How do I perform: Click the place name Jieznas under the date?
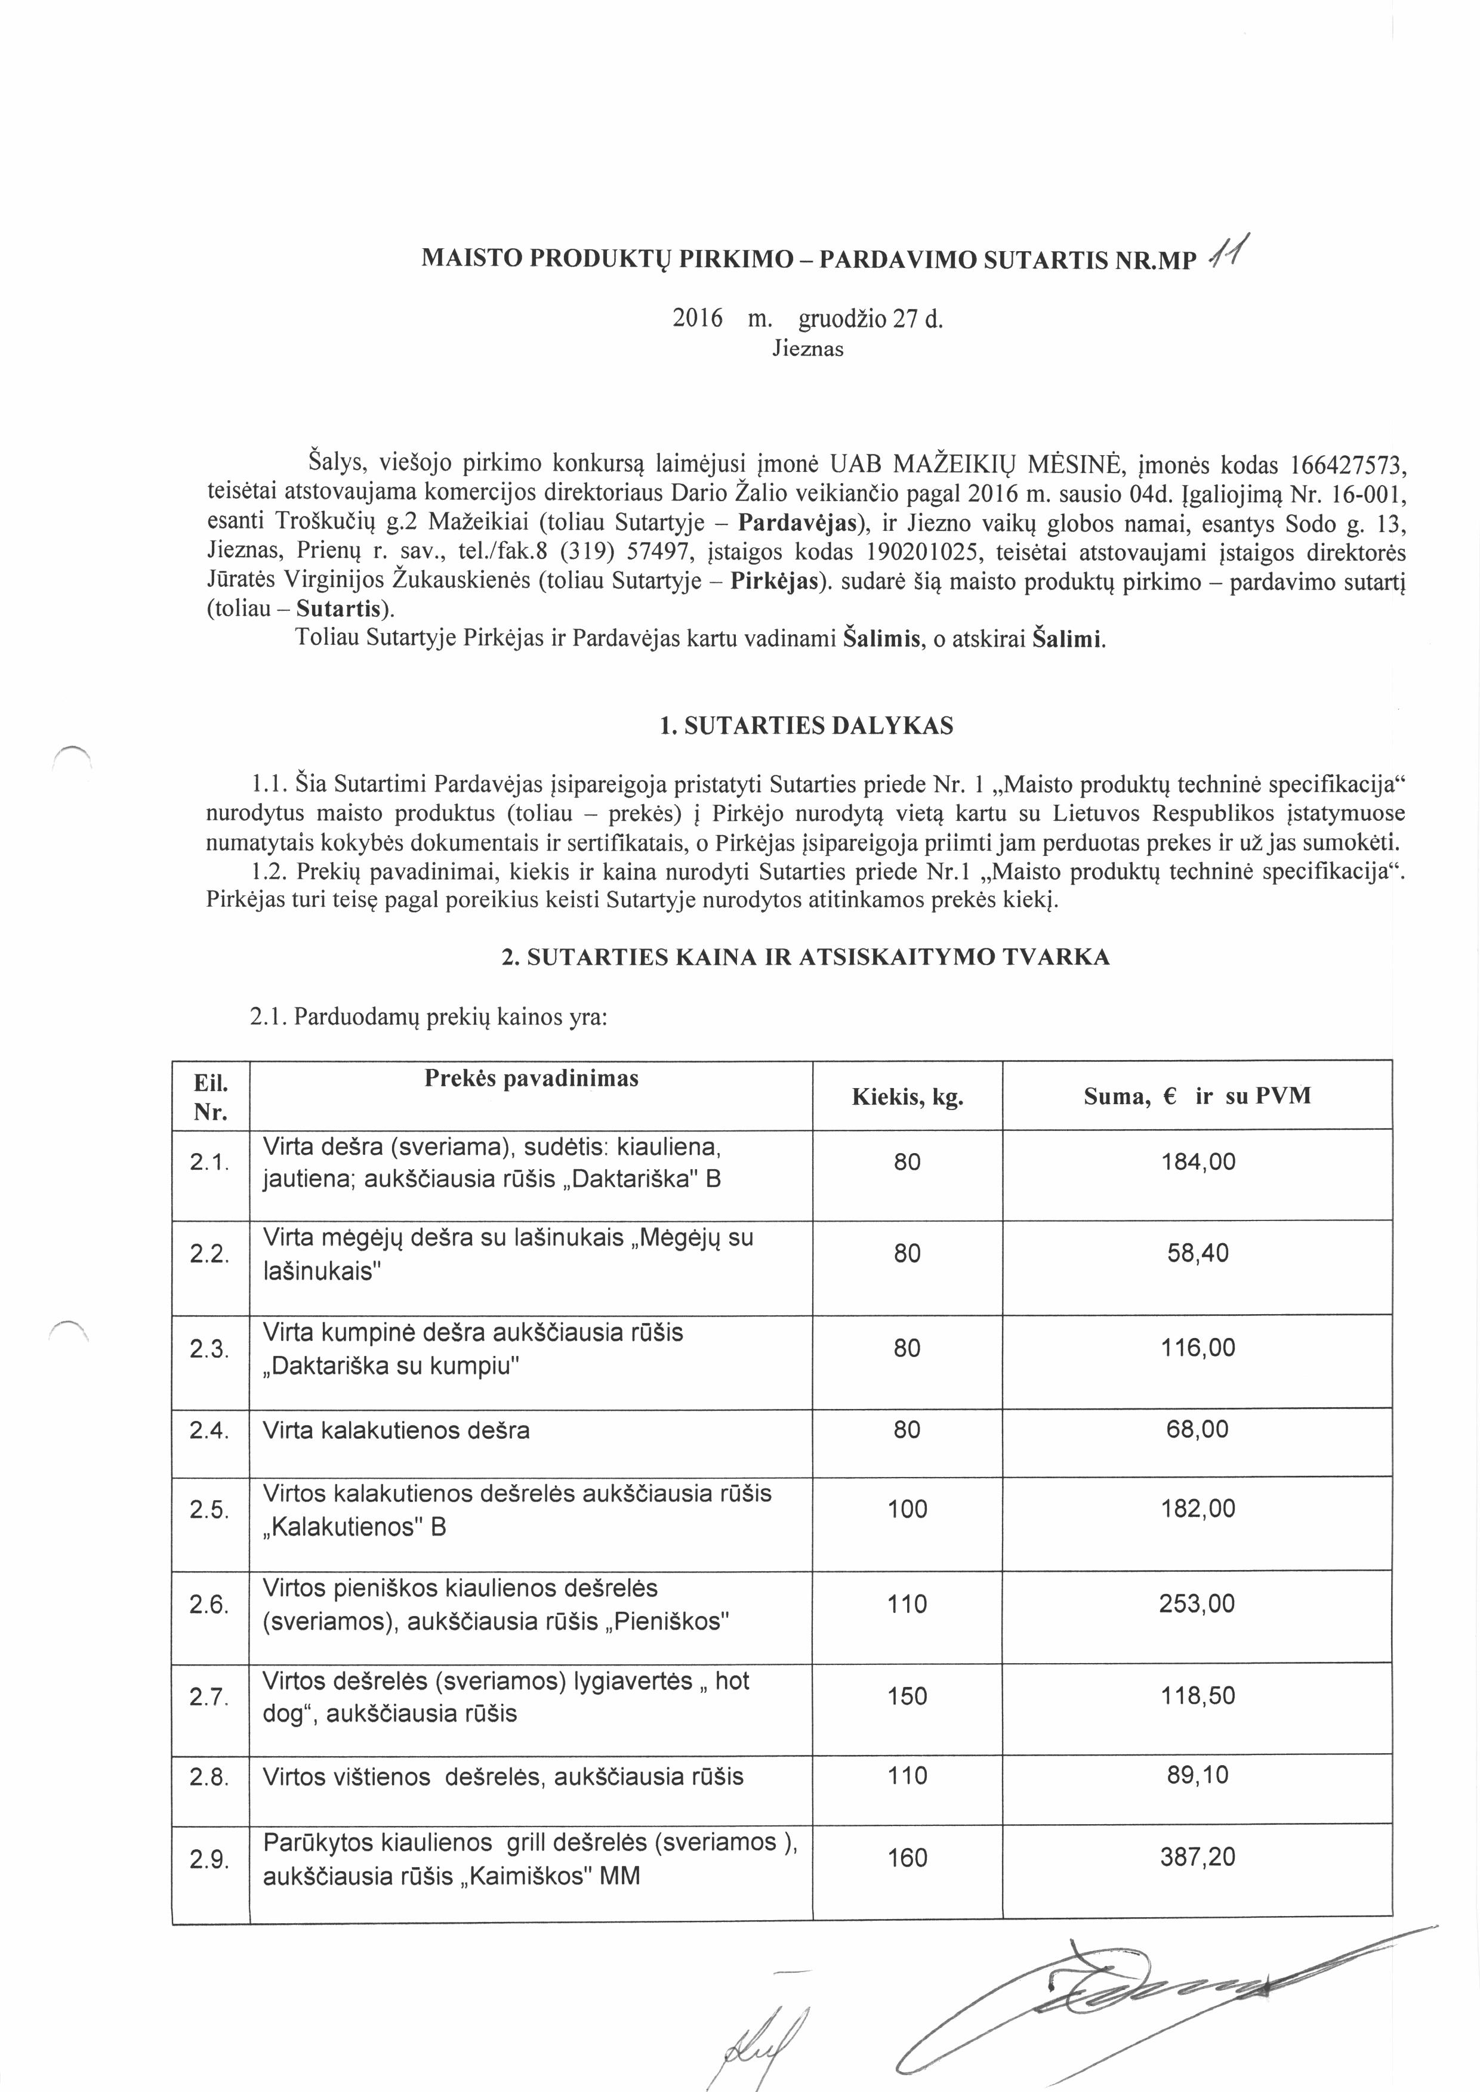[807, 349]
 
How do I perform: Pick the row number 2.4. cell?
[209, 1430]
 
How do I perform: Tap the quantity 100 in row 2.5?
[906, 1509]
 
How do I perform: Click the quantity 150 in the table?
[906, 1696]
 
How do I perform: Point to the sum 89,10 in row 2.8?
[1198, 1775]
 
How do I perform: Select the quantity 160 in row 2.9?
[906, 1857]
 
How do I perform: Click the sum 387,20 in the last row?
[1198, 1857]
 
